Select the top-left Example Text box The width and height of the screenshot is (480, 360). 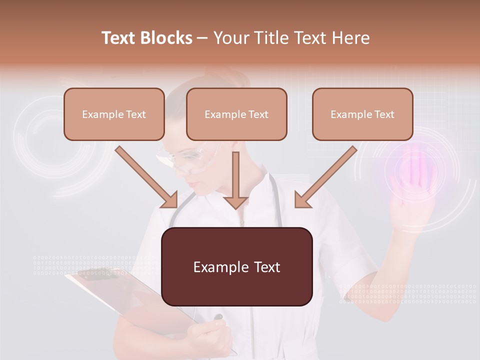point(114,114)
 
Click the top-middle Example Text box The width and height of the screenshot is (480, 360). point(236,114)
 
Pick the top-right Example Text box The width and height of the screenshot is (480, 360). point(362,114)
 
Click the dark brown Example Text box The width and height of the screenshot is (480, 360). point(236,266)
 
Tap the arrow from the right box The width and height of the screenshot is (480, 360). point(325,177)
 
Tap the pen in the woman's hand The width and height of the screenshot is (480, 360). point(218,318)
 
